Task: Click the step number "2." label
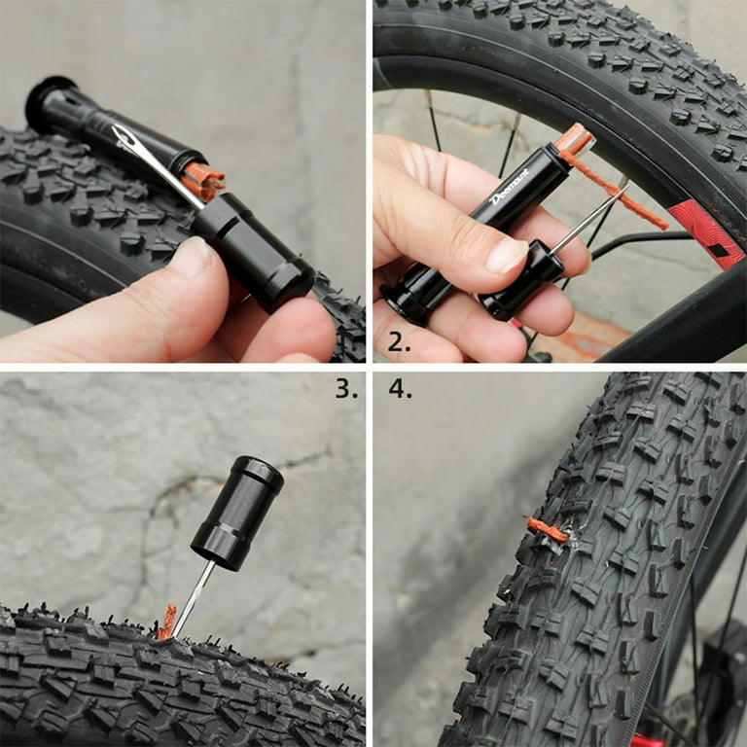point(400,341)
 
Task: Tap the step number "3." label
point(346,389)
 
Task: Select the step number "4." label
point(401,389)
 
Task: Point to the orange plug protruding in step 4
point(548,530)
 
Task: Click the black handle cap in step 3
point(237,512)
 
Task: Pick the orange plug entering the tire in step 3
point(167,622)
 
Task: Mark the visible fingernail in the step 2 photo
point(507,255)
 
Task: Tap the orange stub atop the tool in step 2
point(574,140)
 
